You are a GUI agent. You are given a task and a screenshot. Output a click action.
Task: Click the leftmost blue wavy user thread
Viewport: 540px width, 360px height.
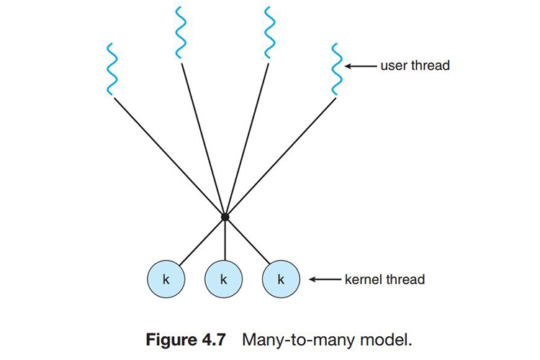110,69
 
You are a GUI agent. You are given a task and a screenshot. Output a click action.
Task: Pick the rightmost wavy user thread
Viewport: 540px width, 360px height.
335,69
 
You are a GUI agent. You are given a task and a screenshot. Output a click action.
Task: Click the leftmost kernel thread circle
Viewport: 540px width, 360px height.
166,279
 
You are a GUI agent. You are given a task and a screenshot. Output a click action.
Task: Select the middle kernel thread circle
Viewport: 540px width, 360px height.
224,279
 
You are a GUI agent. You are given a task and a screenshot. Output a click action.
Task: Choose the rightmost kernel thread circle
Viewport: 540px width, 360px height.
282,279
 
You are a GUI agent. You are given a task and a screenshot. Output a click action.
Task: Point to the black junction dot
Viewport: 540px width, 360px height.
225,216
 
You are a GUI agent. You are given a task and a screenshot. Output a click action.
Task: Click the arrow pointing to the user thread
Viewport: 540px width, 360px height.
360,66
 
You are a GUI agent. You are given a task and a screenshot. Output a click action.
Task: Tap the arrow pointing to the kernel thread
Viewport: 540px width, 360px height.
325,279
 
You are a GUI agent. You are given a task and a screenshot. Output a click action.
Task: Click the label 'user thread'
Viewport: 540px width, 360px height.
415,66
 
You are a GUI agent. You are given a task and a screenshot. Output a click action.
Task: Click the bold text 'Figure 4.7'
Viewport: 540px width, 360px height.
192,338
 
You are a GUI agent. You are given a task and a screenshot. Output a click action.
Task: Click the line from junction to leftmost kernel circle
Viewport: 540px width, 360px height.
202,239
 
